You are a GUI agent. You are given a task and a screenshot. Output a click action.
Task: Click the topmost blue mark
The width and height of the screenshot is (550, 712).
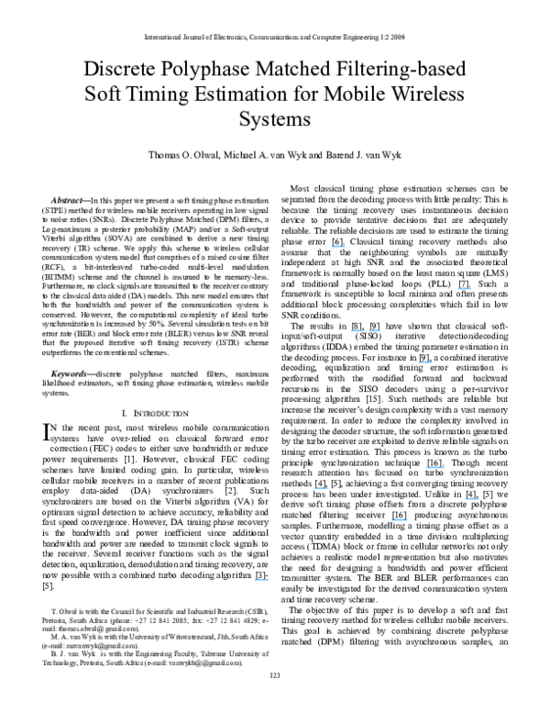pyautogui.click(x=338, y=246)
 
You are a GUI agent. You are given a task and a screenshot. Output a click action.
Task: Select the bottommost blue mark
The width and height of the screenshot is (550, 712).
pyautogui.click(x=261, y=579)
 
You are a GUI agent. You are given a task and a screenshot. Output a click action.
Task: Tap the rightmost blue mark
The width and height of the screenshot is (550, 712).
pyautogui.click(x=472, y=498)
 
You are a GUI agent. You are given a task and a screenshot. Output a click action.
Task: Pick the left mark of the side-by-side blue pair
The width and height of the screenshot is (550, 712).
pyautogui.click(x=357, y=330)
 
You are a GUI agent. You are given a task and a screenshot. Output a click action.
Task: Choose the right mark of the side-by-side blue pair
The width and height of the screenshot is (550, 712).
pyautogui.click(x=374, y=330)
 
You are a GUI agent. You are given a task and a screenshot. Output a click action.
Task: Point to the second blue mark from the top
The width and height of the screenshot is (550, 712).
pyautogui.click(x=464, y=288)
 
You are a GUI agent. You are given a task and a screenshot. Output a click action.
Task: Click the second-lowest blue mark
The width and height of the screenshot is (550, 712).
pyautogui.click(x=400, y=519)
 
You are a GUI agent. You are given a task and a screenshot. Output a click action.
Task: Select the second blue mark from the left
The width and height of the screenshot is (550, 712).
pyautogui.click(x=321, y=488)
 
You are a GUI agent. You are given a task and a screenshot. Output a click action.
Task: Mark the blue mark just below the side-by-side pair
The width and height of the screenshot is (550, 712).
pyautogui.click(x=425, y=362)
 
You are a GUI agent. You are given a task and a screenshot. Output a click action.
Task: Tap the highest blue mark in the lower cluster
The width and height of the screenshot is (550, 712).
pyautogui.click(x=435, y=467)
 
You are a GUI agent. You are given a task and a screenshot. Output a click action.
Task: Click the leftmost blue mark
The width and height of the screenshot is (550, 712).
pyautogui.click(x=261, y=579)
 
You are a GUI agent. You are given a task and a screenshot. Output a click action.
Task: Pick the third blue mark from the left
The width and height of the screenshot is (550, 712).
pyautogui.click(x=338, y=246)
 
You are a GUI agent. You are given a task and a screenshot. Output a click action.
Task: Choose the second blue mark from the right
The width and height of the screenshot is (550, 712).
pyautogui.click(x=464, y=288)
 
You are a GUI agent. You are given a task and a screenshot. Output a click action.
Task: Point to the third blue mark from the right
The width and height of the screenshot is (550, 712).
pyautogui.click(x=435, y=467)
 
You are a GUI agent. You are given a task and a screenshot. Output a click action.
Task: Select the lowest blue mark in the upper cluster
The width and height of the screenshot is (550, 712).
pyautogui.click(x=425, y=362)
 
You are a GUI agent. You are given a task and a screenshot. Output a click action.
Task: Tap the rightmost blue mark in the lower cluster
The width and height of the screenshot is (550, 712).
pyautogui.click(x=472, y=498)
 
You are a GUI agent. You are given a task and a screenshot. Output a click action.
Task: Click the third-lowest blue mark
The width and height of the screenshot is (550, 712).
pyautogui.click(x=472, y=498)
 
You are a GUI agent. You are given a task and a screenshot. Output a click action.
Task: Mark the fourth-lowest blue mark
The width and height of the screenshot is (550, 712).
pyautogui.click(x=321, y=488)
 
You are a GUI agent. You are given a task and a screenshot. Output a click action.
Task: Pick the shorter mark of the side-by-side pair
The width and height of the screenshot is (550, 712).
pyautogui.click(x=374, y=330)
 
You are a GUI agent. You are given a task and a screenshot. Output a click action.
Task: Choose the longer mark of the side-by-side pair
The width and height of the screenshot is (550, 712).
pyautogui.click(x=357, y=330)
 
